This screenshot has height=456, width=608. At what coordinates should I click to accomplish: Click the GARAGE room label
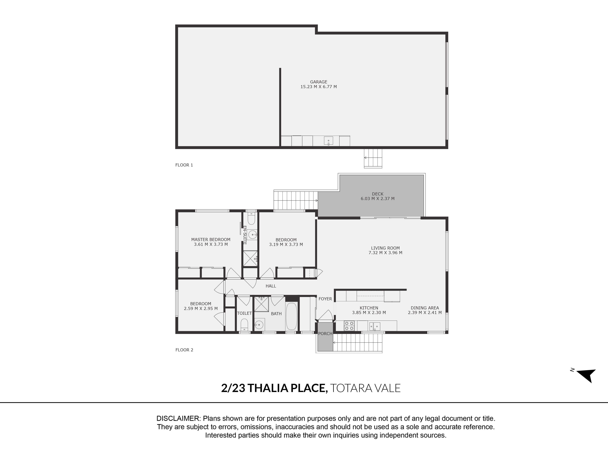click(x=319, y=82)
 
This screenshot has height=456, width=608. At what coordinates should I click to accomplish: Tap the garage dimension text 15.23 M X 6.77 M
click(x=319, y=87)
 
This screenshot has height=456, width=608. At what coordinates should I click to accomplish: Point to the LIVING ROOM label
click(x=385, y=248)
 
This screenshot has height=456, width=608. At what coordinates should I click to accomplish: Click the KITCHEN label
click(x=369, y=308)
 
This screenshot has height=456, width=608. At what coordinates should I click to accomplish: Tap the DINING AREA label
click(x=425, y=308)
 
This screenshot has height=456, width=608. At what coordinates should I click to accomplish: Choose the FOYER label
click(x=325, y=299)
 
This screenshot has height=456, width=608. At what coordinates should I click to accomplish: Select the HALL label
click(x=271, y=286)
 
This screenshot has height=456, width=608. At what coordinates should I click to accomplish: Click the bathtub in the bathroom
click(x=291, y=316)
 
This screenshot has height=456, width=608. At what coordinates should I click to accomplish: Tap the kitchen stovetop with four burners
click(x=349, y=326)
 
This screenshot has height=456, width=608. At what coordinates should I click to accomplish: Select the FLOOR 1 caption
click(x=184, y=165)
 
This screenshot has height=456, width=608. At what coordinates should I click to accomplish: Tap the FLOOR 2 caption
click(x=184, y=350)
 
